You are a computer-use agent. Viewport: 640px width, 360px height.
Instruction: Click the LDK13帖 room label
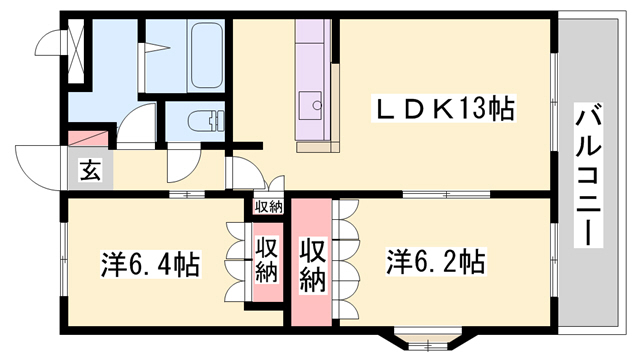tap(445, 108)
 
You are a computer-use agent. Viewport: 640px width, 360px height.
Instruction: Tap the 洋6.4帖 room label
tap(150, 265)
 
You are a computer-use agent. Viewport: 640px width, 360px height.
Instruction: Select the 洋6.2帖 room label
tap(437, 262)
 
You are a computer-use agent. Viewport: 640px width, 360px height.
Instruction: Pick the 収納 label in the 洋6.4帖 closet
tap(266, 259)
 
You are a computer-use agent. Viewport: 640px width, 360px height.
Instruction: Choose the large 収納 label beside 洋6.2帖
tap(311, 264)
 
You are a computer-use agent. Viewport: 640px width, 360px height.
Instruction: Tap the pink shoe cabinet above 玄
tap(88, 138)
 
